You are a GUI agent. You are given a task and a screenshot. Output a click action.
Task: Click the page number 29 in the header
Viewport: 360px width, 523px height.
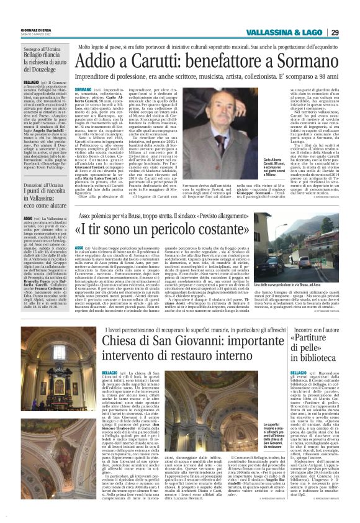click(351, 33)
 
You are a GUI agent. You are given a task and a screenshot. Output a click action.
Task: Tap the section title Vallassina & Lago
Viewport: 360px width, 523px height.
click(287, 33)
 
